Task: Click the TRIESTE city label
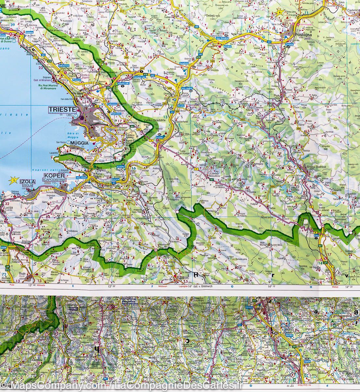point(62,110)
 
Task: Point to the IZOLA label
point(27,181)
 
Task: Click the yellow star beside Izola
point(13,179)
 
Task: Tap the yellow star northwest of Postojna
point(280,13)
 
